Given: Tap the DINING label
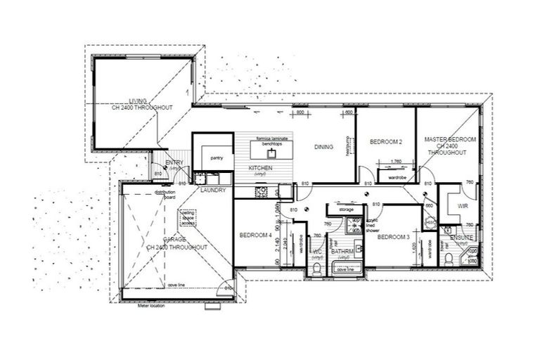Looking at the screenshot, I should click(x=323, y=147).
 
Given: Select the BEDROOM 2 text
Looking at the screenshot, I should click(x=385, y=142).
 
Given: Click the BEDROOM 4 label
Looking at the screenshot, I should click(x=255, y=235).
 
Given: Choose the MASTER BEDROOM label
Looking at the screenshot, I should click(x=450, y=140).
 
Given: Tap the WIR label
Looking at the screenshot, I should click(x=462, y=207).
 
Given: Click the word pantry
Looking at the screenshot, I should click(x=216, y=159).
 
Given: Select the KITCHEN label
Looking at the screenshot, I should click(x=260, y=169).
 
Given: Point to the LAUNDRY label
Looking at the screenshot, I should click(x=212, y=190).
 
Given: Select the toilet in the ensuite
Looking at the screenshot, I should click(x=448, y=260).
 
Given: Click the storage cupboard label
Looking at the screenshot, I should click(x=345, y=210).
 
